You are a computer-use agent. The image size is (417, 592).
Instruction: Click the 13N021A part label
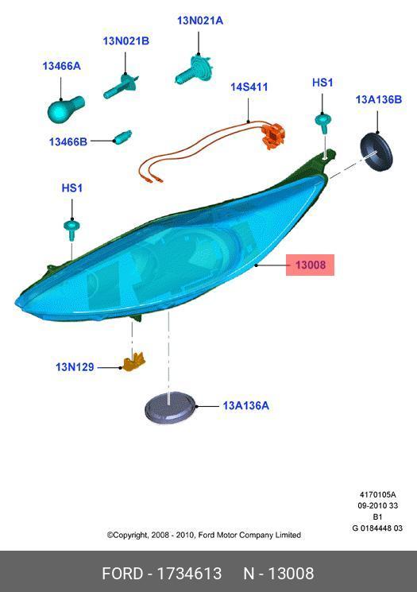tap(200, 21)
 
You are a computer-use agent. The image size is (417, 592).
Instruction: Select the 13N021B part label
tap(126, 41)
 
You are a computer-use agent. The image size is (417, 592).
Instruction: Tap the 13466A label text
tap(61, 66)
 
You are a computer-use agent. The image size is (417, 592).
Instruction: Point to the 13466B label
tap(68, 141)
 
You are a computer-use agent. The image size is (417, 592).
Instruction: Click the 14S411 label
tap(249, 87)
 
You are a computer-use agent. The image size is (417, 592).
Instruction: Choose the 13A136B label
tap(379, 99)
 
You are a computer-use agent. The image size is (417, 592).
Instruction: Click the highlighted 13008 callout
tap(311, 265)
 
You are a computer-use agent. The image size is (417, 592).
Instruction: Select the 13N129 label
tap(75, 367)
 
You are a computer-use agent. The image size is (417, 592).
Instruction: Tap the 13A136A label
tap(245, 406)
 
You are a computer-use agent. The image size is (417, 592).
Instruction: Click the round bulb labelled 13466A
tap(65, 110)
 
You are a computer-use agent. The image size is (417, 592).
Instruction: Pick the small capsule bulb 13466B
tap(122, 137)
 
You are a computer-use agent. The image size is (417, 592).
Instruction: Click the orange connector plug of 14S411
tap(273, 136)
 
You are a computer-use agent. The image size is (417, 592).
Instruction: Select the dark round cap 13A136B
tap(376, 152)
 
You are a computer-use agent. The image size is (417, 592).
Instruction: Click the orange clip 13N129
tap(134, 362)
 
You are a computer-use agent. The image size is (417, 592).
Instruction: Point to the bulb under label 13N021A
tap(195, 69)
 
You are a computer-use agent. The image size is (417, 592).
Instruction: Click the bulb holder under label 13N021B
tap(121, 87)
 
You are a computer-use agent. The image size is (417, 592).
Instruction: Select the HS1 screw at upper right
tap(323, 122)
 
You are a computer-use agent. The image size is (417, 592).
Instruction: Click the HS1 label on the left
tap(71, 188)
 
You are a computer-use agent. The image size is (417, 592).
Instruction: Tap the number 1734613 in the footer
tap(189, 574)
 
